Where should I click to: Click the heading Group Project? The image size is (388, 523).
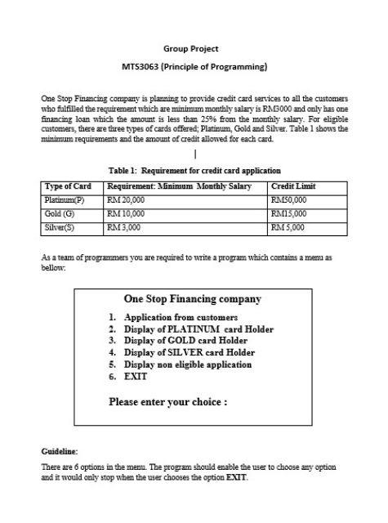point(194,49)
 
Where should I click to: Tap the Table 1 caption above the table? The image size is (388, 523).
point(194,171)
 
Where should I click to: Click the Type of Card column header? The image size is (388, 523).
point(67,187)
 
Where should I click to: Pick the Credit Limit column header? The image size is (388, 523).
point(293,187)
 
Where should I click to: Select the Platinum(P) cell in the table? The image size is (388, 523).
point(63,199)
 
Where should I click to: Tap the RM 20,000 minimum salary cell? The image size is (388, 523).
point(126,199)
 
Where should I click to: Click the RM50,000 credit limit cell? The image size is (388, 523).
point(288,199)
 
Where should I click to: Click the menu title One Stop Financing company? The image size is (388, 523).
point(193,300)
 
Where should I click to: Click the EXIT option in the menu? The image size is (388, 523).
point(136,377)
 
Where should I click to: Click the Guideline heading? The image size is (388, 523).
point(60,451)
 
